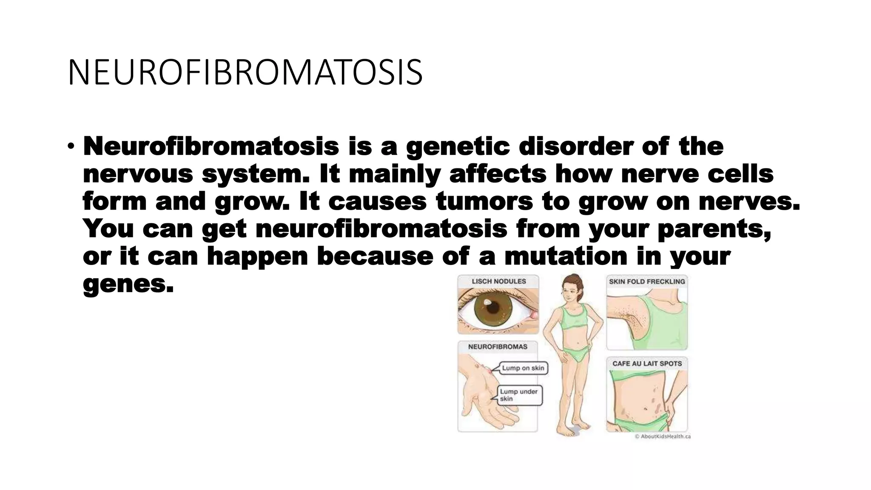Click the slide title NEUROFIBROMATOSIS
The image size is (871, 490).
pyautogui.click(x=245, y=73)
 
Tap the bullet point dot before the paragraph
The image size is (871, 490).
pyautogui.click(x=71, y=147)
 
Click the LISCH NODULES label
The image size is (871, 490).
pyautogui.click(x=498, y=281)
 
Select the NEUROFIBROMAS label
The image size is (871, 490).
pyautogui.click(x=498, y=347)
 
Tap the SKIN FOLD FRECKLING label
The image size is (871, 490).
pyautogui.click(x=647, y=281)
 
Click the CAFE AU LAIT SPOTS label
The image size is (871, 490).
pyautogui.click(x=647, y=364)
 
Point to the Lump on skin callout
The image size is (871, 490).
pyautogui.click(x=523, y=368)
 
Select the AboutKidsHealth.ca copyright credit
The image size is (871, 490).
pyautogui.click(x=663, y=436)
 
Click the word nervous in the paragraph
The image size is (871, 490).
pyautogui.click(x=138, y=174)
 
